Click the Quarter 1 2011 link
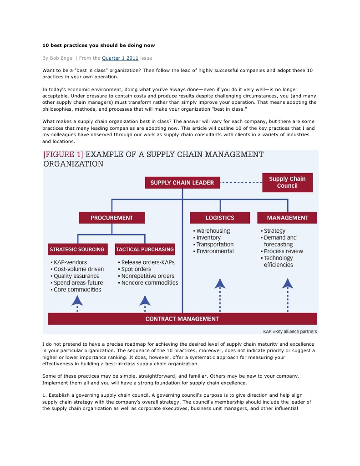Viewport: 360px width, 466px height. [x=120, y=58]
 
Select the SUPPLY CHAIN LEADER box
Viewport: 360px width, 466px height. [x=182, y=183]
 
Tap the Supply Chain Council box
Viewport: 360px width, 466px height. [x=287, y=182]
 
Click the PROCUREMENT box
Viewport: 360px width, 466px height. [x=112, y=218]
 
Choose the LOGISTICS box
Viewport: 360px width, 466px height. [x=220, y=218]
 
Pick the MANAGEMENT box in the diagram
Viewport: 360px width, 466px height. [x=287, y=218]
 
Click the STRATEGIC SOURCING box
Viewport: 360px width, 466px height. [x=77, y=249]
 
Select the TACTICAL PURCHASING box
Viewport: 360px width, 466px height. [x=145, y=249]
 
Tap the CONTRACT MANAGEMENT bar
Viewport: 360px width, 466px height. [x=182, y=319]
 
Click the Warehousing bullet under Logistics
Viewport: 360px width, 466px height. [x=213, y=231]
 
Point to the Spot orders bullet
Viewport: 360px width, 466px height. [x=136, y=269]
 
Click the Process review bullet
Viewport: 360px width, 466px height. [x=283, y=251]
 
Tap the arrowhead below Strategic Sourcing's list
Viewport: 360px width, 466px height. [x=77, y=300]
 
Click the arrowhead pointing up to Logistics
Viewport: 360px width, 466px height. [x=220, y=284]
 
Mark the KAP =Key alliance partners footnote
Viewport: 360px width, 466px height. [x=290, y=331]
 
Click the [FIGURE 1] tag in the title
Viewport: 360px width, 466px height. [x=63, y=155]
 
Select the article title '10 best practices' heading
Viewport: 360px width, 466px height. [x=98, y=46]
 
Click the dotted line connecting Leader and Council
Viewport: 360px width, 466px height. [x=241, y=183]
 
